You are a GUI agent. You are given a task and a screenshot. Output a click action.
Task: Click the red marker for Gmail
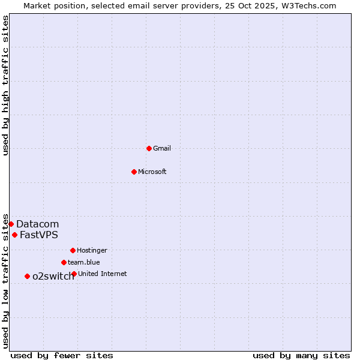(x=149, y=148)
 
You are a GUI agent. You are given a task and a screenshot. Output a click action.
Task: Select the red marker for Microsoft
(x=134, y=172)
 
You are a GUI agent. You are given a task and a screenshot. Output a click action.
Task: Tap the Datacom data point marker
(x=11, y=224)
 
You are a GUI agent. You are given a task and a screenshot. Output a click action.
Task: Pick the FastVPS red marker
(x=14, y=235)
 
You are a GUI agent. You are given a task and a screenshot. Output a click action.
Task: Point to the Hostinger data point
(x=73, y=250)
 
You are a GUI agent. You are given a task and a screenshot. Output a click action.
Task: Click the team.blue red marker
(x=64, y=262)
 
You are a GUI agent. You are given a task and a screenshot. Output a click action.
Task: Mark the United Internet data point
(x=74, y=274)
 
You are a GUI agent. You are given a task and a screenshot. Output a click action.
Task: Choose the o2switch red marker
(x=27, y=276)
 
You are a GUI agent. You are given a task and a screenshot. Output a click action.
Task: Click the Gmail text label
(x=162, y=148)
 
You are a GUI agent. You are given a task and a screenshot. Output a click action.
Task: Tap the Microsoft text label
(x=152, y=172)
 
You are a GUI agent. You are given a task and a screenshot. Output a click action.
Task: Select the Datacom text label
(x=37, y=224)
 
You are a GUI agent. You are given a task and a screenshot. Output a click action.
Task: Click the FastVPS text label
(x=39, y=235)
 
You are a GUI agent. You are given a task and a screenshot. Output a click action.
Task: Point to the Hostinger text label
(x=92, y=250)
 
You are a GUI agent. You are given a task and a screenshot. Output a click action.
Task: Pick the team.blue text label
(x=84, y=262)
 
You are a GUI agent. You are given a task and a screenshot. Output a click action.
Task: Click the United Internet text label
(x=103, y=274)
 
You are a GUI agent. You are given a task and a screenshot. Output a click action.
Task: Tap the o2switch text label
(x=53, y=276)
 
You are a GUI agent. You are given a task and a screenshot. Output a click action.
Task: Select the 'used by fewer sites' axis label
(x=62, y=355)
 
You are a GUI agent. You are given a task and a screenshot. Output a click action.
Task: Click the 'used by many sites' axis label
(x=301, y=355)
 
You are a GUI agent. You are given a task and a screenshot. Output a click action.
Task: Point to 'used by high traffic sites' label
(x=5, y=85)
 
